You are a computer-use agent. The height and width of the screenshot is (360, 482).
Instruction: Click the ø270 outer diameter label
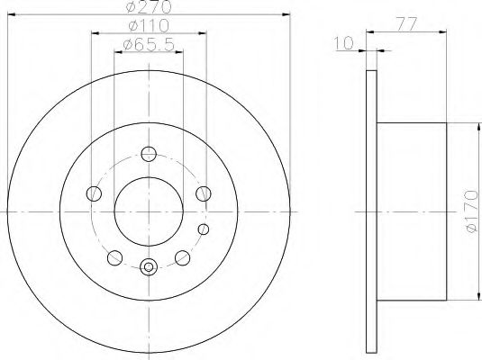tap(149, 7)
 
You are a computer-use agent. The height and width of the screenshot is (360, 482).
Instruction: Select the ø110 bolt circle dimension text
tap(149, 25)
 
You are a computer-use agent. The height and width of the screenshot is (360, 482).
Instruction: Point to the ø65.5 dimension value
tap(149, 45)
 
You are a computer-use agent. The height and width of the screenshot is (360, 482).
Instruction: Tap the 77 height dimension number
tap(406, 24)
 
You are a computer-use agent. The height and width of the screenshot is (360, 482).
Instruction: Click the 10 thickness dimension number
tap(343, 43)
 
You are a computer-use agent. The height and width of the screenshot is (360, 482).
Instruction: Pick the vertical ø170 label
tap(472, 211)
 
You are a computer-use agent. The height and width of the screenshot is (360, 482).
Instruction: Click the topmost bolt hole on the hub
tap(149, 154)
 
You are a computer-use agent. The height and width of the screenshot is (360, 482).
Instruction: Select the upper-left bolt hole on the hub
tap(94, 193)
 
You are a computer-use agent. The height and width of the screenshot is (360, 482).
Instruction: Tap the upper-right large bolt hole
tap(204, 193)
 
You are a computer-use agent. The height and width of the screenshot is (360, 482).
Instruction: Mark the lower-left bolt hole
tap(115, 257)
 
